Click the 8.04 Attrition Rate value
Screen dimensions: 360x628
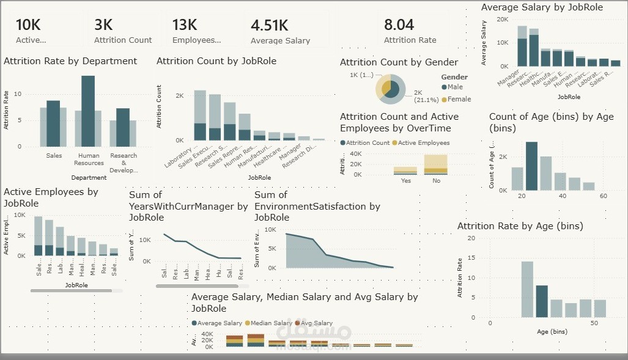click(399, 25)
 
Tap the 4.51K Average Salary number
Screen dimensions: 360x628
click(269, 25)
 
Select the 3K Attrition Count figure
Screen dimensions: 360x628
click(103, 25)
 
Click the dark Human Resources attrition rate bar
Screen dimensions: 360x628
click(88, 111)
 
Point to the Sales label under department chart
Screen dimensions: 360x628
click(54, 156)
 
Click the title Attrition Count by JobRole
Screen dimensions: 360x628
click(216, 61)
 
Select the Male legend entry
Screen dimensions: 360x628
click(454, 87)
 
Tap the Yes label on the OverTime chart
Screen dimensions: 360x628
click(405, 181)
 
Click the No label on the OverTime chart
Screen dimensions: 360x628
click(435, 181)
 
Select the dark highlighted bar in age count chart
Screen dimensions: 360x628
click(531, 166)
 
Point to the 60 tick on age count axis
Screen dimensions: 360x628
click(603, 196)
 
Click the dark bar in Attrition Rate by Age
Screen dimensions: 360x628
click(542, 301)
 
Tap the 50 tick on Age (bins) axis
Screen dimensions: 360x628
click(593, 323)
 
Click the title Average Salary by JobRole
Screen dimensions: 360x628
click(542, 7)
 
